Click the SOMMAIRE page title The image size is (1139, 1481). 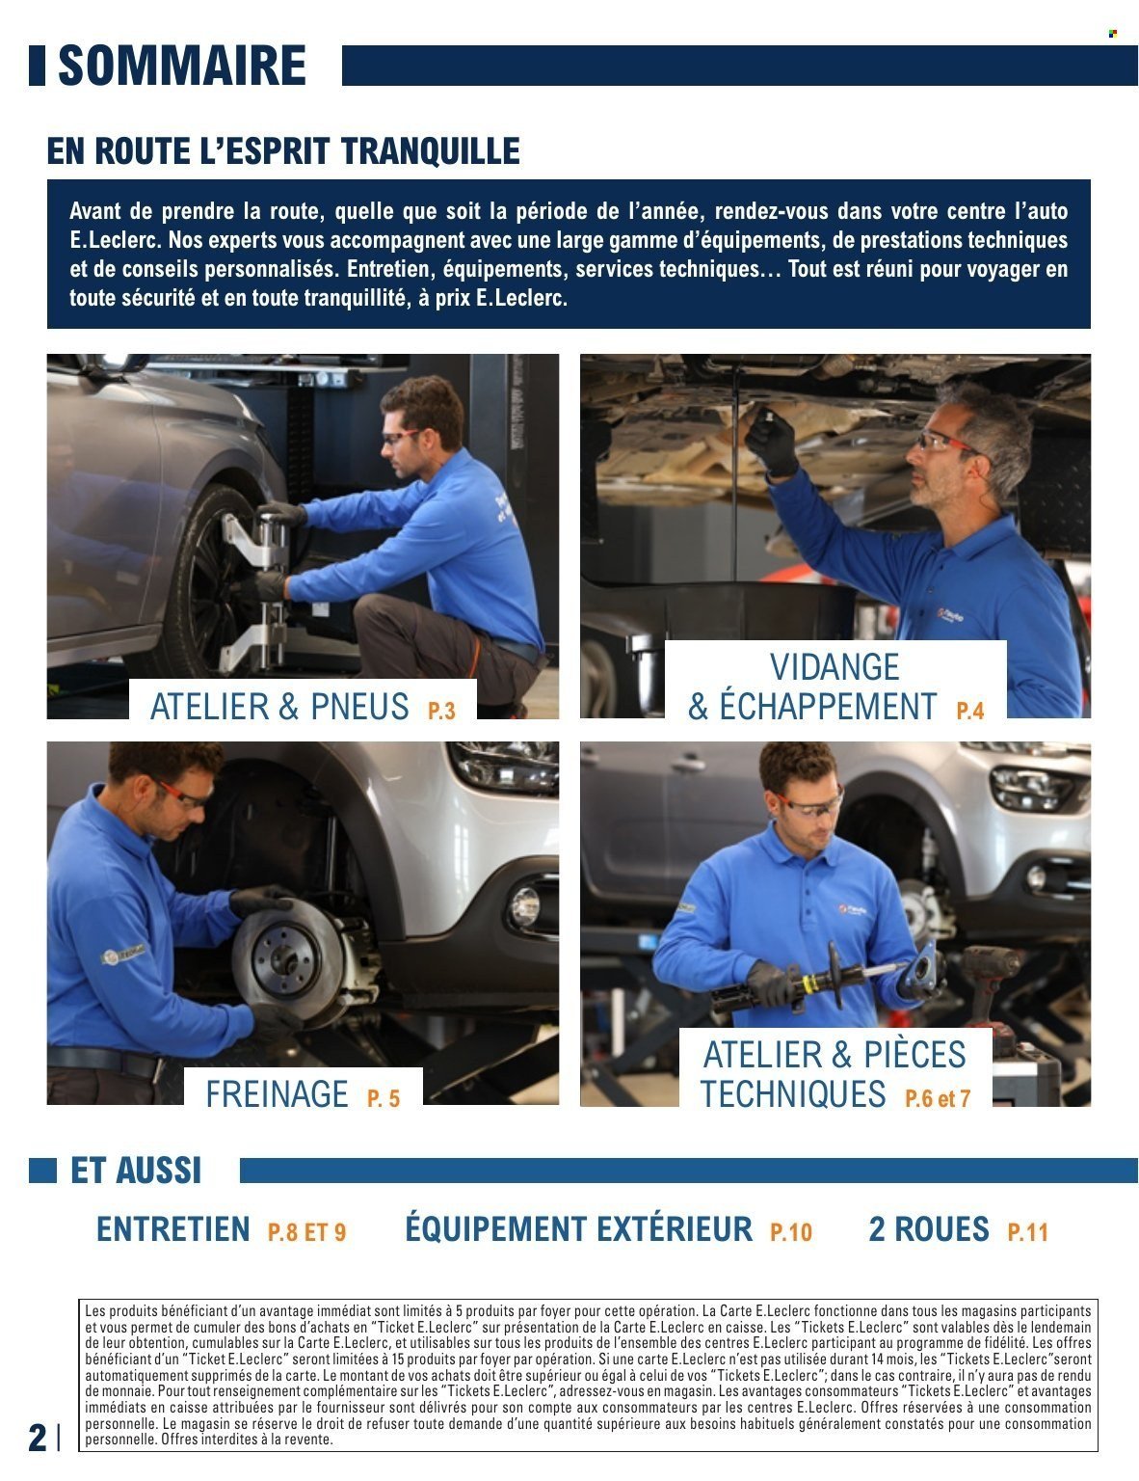182,66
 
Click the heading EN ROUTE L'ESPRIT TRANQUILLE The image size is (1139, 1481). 283,151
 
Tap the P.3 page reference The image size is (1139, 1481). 441,711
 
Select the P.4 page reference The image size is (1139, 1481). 970,711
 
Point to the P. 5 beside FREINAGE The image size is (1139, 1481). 384,1098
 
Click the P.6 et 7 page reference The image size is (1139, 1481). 938,1098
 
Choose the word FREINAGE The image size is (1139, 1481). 277,1094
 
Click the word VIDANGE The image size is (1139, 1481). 834,667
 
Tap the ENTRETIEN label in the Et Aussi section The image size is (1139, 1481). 173,1229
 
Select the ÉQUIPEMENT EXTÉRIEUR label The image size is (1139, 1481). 578,1229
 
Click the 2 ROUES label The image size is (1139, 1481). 929,1229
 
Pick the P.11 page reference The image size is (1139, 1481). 1027,1231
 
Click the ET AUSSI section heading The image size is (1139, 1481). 136,1171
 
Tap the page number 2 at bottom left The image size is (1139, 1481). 37,1438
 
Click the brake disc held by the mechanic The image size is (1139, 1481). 289,959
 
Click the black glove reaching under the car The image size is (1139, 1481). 771,443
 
